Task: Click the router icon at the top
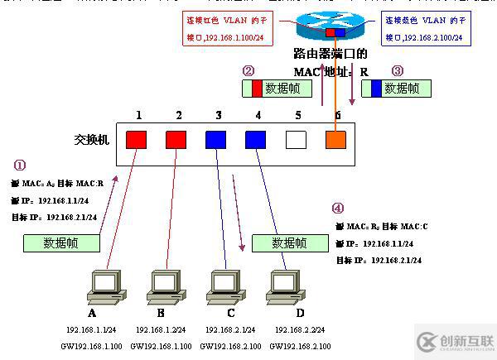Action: point(335,30)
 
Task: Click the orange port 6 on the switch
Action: point(335,139)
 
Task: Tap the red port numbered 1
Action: point(136,139)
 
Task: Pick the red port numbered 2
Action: point(176,139)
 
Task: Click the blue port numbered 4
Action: point(255,139)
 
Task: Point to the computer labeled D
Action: point(286,286)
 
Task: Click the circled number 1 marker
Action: point(20,165)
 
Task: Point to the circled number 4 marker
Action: point(337,209)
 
